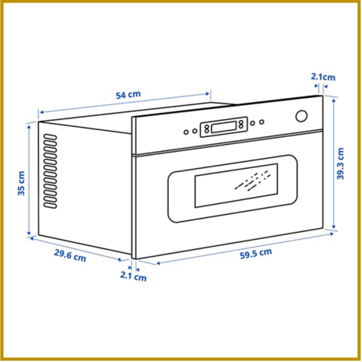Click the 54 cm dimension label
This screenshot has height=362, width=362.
[x=128, y=95]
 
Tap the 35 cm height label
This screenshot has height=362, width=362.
[x=21, y=183]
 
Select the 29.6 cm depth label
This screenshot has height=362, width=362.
[x=70, y=255]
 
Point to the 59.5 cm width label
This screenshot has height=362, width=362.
[x=256, y=254]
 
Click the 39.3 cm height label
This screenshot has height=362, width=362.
[x=340, y=163]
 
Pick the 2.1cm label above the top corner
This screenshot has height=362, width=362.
[x=323, y=77]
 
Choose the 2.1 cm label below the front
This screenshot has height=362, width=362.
[x=133, y=276]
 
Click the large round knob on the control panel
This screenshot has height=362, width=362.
[x=301, y=116]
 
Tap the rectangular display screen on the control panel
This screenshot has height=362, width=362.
[x=223, y=127]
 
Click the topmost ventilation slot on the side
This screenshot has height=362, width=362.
[x=50, y=136]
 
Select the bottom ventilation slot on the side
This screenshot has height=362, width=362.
[x=50, y=206]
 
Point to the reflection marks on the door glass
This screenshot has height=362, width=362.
[x=252, y=181]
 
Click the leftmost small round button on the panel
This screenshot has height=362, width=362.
[x=186, y=132]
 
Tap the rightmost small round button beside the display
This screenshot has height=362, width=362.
[x=262, y=121]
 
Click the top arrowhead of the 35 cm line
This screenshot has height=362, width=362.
[x=29, y=127]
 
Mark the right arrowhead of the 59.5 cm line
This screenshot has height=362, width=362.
[x=332, y=234]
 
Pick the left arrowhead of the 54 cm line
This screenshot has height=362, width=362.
[x=41, y=112]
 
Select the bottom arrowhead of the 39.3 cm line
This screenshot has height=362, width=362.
[x=334, y=227]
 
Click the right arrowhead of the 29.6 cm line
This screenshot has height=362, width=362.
[x=120, y=259]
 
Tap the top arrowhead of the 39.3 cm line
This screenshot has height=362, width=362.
[x=334, y=100]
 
